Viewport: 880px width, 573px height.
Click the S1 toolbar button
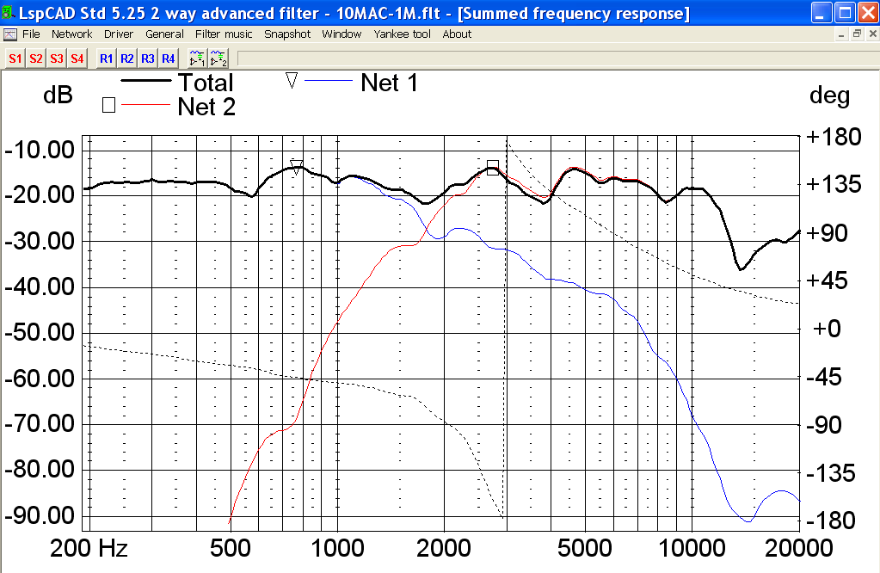[15, 59]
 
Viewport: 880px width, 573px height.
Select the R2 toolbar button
[126, 59]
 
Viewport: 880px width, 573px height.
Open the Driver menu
[119, 34]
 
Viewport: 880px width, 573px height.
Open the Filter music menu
[224, 34]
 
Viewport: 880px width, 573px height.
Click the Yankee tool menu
[402, 34]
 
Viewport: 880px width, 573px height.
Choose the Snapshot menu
[287, 34]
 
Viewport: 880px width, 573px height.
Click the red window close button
[866, 13]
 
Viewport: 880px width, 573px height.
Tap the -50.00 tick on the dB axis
[40, 333]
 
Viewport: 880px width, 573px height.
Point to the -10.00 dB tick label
[40, 151]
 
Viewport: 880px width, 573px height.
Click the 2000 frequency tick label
[444, 549]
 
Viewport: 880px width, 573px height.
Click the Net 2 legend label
[206, 107]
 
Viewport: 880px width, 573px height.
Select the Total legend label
[206, 83]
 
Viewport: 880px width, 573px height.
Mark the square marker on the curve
[492, 167]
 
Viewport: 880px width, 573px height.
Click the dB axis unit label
[58, 95]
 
